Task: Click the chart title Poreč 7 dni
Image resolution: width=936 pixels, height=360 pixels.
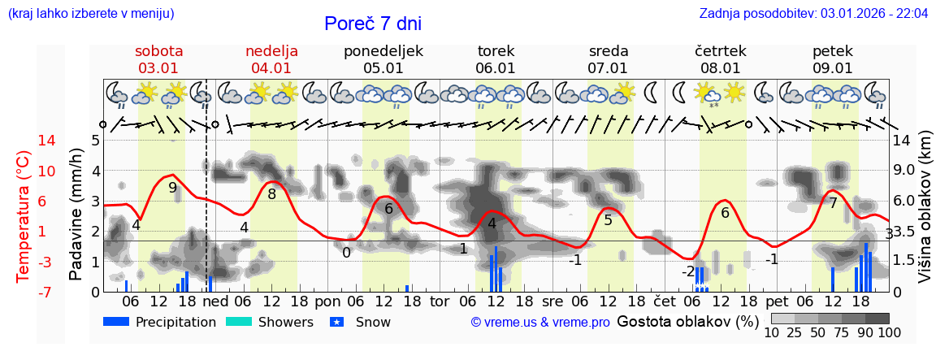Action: click(x=373, y=24)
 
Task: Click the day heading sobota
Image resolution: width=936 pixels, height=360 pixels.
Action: click(x=158, y=51)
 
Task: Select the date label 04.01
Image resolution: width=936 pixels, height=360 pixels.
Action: click(x=271, y=68)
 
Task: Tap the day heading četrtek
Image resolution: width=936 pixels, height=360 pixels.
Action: click(x=720, y=51)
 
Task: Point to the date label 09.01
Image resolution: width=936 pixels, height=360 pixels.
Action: click(x=832, y=68)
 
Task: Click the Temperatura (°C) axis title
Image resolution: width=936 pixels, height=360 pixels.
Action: click(x=24, y=215)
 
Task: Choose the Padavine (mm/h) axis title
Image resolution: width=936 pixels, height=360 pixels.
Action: click(x=76, y=215)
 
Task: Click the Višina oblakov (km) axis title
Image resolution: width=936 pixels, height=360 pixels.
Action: click(x=925, y=215)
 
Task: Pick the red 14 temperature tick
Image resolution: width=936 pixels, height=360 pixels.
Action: click(x=24, y=141)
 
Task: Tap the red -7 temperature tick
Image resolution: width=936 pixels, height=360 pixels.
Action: click(x=24, y=292)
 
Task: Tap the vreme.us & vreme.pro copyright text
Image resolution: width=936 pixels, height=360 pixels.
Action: click(x=539, y=322)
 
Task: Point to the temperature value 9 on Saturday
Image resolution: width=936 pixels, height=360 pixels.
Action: click(x=172, y=188)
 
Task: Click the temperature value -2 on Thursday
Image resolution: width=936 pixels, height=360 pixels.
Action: click(x=688, y=271)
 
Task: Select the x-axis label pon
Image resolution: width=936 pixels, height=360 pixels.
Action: click(x=327, y=301)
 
